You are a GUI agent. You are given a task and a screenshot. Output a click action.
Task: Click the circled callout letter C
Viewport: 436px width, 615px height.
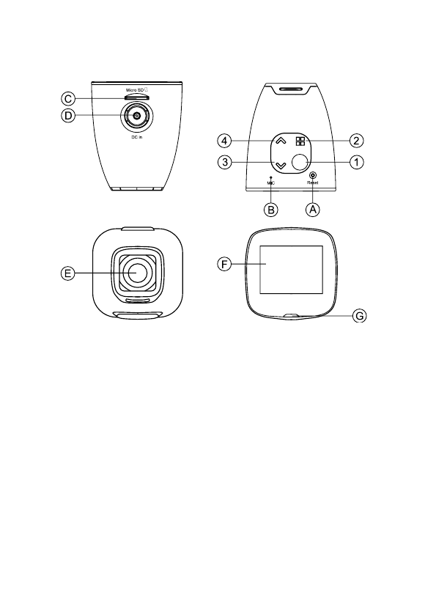pyautogui.click(x=68, y=98)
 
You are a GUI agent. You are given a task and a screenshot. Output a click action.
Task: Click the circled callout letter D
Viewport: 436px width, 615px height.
pyautogui.click(x=68, y=116)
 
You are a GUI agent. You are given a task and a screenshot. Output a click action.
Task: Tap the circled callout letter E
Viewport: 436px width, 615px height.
pyautogui.click(x=68, y=273)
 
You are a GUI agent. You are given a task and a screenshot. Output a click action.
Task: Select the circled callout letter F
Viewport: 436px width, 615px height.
pyautogui.click(x=224, y=265)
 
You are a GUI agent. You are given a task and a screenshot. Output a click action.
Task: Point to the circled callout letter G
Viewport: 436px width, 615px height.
pyautogui.click(x=359, y=316)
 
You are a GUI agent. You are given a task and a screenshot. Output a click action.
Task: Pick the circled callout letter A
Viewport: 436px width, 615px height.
pyautogui.click(x=312, y=210)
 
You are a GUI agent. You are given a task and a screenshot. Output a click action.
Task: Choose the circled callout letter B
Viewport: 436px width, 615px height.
pyautogui.click(x=271, y=210)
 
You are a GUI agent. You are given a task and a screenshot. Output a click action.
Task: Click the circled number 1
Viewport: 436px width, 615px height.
pyautogui.click(x=356, y=162)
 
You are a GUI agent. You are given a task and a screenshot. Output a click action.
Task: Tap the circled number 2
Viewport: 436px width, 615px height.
pyautogui.click(x=356, y=141)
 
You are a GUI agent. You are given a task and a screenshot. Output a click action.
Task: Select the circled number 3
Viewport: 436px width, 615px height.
pyautogui.click(x=225, y=162)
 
